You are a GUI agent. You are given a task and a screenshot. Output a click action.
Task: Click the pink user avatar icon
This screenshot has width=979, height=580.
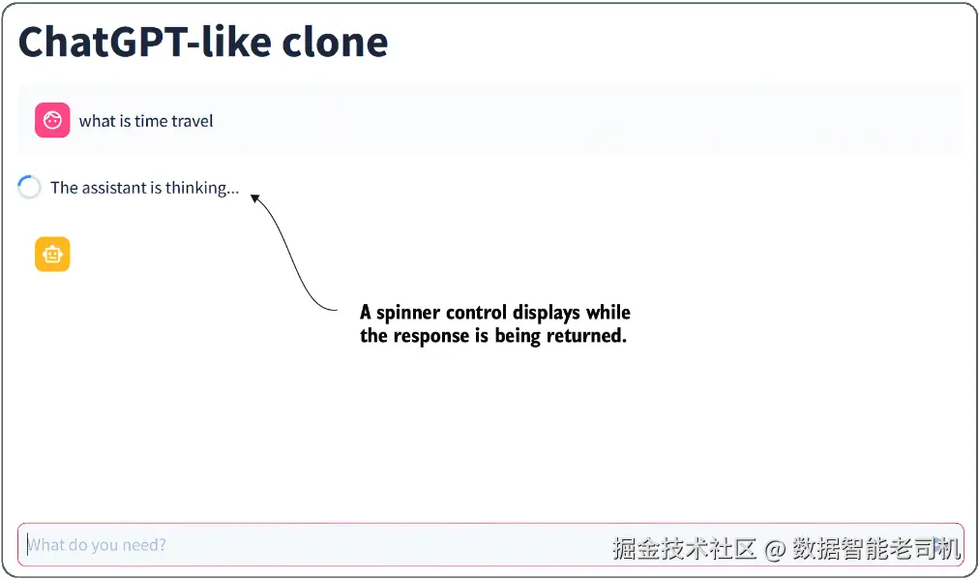pos(52,120)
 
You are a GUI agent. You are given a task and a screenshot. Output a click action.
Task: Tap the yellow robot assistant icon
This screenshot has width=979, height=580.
pos(52,255)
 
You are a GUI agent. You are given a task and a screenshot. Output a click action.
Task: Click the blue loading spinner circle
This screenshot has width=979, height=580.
pos(29,188)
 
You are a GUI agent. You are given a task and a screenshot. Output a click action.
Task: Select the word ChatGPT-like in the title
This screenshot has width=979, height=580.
pos(144,43)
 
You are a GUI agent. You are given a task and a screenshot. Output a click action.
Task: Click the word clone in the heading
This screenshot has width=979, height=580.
pos(335,43)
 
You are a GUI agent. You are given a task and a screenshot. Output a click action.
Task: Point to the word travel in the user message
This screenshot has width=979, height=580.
pos(192,121)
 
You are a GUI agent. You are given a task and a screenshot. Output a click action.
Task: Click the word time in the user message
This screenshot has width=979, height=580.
pos(151,121)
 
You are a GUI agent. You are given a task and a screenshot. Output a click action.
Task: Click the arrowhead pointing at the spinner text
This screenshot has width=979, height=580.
pos(254,198)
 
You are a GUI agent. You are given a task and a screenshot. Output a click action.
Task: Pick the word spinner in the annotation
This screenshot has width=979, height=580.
pos(408,313)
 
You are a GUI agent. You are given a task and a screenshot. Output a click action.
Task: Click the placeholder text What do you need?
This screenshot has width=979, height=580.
pos(97,545)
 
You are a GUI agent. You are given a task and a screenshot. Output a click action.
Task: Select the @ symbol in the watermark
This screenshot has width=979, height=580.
pos(775,549)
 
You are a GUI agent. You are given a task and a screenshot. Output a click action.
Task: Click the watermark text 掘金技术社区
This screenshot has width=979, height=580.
pos(684,549)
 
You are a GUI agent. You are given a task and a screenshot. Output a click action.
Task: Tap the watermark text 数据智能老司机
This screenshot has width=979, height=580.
pos(876,549)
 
